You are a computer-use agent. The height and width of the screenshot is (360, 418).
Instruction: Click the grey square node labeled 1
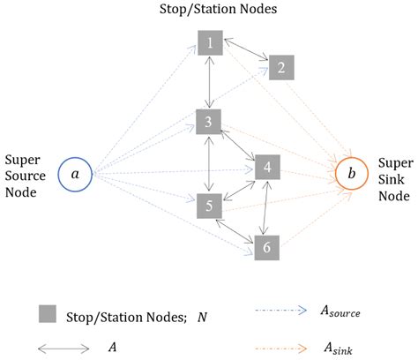click(210, 41)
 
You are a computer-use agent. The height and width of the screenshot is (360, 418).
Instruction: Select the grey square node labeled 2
click(280, 67)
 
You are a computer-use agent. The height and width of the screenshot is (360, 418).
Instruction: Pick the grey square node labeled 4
click(268, 167)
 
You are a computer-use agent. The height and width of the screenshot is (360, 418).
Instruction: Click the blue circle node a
click(75, 174)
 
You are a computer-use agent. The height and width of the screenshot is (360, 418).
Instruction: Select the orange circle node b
click(353, 174)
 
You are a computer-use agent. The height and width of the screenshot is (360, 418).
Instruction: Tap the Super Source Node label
click(26, 176)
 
